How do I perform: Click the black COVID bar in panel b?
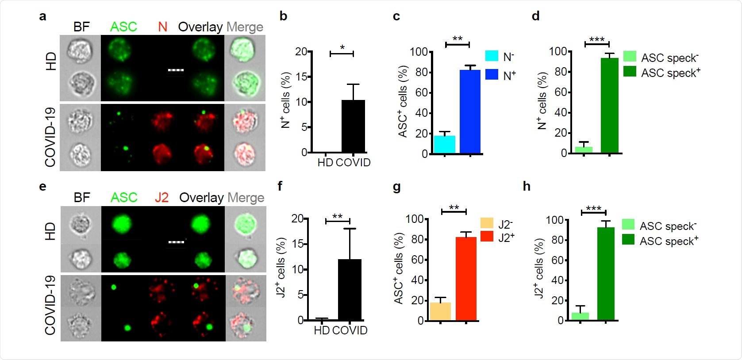tap(353, 126)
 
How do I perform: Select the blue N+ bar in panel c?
tap(470, 112)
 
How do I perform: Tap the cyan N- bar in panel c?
tap(444, 145)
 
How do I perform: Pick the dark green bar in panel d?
tap(609, 106)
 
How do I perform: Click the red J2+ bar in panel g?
tap(466, 279)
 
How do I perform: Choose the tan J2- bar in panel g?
tap(440, 311)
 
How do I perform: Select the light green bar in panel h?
tap(580, 316)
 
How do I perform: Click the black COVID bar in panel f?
tap(350, 290)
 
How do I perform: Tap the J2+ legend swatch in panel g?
tap(487, 237)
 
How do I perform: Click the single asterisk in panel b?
tap(342, 48)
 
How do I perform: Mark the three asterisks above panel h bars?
tap(593, 208)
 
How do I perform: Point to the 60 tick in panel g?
tap(417, 260)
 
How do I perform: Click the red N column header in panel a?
tap(162, 27)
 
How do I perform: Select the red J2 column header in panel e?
tap(161, 197)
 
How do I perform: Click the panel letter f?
tap(280, 186)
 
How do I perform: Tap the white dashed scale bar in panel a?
tap(176, 70)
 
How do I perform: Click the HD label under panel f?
tap(322, 330)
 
